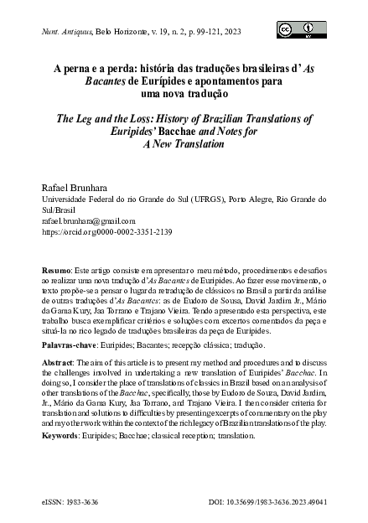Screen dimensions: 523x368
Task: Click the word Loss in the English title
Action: tap(134, 120)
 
